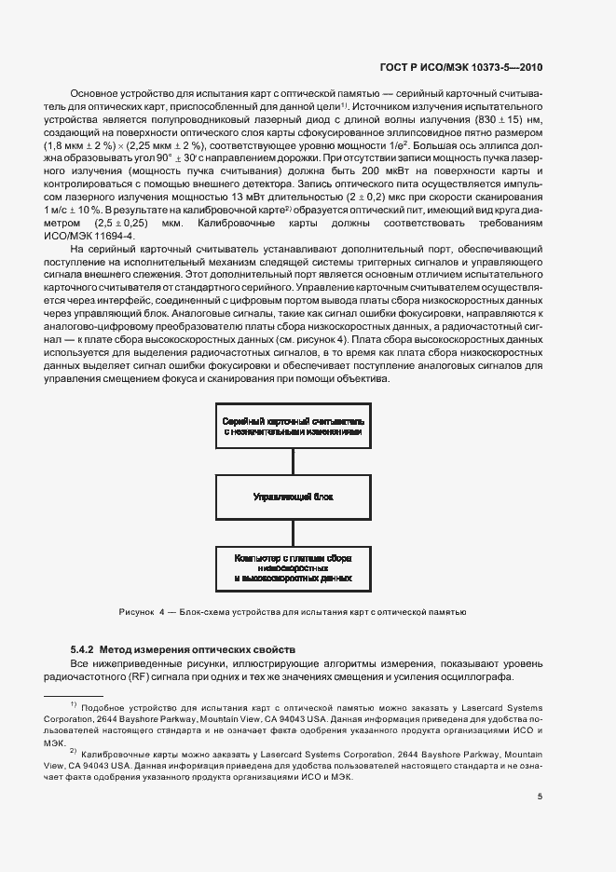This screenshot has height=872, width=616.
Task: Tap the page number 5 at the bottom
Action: [x=540, y=796]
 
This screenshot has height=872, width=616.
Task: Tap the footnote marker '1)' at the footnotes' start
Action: [x=74, y=706]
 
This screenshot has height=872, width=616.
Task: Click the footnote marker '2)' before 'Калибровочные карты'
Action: [x=74, y=748]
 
